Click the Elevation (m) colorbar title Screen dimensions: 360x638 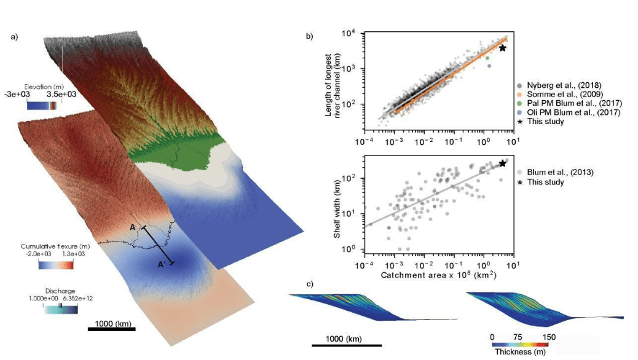coord(47,87)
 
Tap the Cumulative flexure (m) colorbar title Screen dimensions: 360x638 coord(55,246)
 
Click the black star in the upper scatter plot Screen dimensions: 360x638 coord(503,48)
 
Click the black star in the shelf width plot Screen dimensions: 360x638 coord(503,163)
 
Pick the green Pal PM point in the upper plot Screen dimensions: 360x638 coord(487,58)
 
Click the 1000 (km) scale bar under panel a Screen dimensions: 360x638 coord(111,328)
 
